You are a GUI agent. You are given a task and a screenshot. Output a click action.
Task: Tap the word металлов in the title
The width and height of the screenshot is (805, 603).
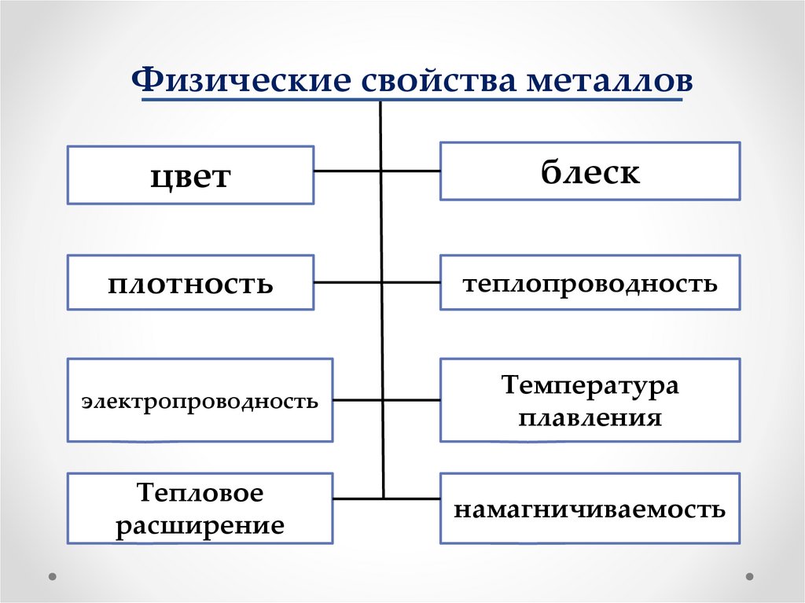pos(605,81)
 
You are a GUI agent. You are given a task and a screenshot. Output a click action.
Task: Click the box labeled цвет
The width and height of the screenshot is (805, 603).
pos(190,175)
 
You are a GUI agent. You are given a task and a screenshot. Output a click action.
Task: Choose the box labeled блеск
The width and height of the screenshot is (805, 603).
pos(590,171)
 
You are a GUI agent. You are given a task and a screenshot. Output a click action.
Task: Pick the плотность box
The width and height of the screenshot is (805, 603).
pos(190,282)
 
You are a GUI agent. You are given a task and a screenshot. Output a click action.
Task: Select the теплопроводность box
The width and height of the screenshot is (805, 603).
pos(590,282)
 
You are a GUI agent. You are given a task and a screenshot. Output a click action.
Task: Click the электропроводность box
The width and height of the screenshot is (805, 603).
pos(200,401)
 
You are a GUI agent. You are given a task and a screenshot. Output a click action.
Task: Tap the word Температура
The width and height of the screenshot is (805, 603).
pos(590,385)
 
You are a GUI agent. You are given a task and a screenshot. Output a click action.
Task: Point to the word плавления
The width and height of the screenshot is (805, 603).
pos(590,416)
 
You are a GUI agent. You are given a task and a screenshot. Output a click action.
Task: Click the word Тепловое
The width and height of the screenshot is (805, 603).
pos(200,494)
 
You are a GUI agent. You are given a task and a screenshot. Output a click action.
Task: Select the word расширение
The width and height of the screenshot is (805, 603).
pos(200,524)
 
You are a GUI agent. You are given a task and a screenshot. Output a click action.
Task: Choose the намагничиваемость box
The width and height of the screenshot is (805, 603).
pos(590,509)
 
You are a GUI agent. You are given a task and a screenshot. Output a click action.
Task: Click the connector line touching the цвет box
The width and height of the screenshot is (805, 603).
pos(347,171)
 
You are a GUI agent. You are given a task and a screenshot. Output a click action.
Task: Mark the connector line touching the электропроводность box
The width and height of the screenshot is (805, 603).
pos(358,400)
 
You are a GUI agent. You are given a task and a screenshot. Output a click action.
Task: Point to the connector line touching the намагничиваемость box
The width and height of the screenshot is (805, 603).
pos(412,498)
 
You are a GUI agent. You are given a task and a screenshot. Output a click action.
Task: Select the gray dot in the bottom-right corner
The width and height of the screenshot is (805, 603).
pos(751,575)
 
